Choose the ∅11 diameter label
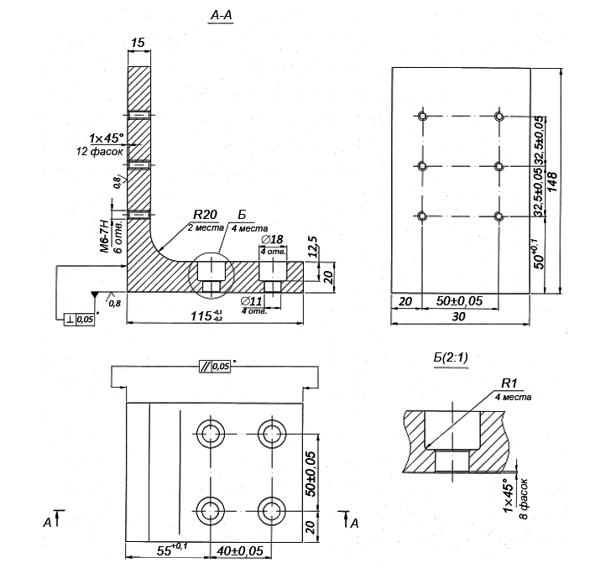(252, 300)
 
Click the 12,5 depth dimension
(312, 249)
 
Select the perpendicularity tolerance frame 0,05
(80, 318)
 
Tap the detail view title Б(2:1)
(451, 357)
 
